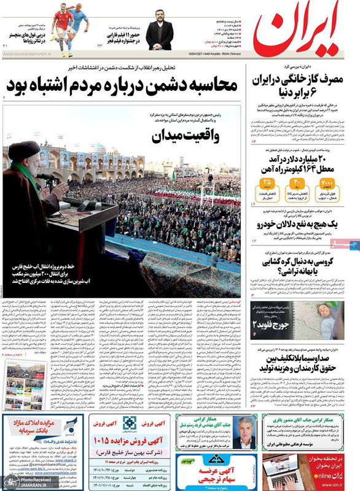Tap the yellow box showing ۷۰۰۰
326,182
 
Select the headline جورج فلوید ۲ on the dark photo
268,323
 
